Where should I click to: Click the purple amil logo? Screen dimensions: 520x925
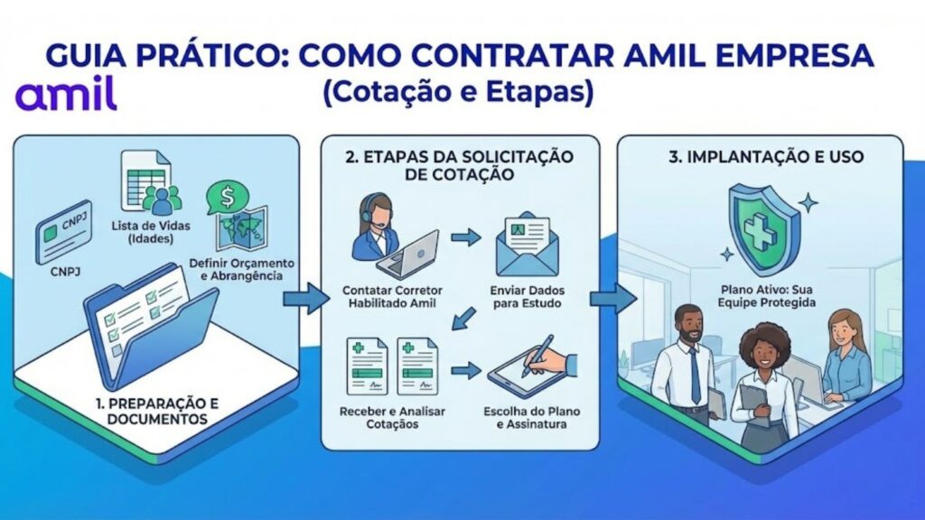coord(66,95)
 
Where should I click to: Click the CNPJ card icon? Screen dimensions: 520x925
coord(63,232)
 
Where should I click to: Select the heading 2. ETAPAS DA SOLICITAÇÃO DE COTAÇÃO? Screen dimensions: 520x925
coord(459,165)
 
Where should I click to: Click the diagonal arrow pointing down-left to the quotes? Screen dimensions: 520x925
coord(464,318)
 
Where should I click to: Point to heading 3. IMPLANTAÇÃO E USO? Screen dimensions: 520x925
coord(765,156)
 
